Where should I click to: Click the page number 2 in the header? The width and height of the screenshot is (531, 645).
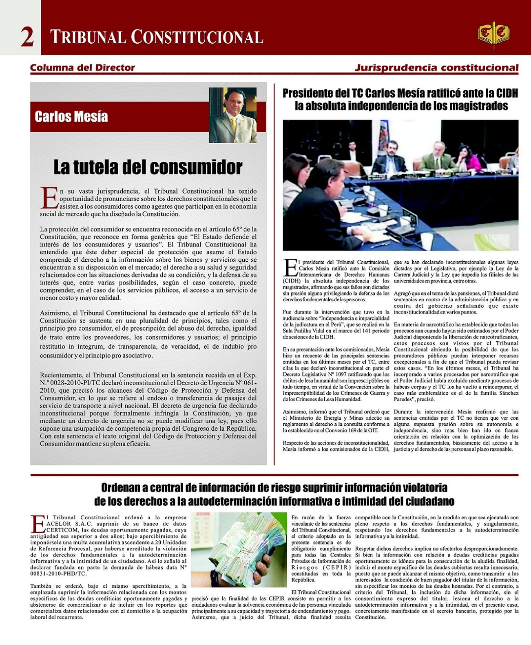tap(27, 37)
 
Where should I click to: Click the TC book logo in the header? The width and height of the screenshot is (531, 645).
tap(493, 35)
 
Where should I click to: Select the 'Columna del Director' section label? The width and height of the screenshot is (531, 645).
tap(82, 68)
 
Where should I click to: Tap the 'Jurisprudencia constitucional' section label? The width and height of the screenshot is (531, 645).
tap(436, 68)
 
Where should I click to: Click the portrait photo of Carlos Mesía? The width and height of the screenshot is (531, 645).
tap(233, 115)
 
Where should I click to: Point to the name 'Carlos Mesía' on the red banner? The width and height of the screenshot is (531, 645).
tap(71, 117)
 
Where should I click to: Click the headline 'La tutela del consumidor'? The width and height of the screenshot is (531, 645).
tap(148, 167)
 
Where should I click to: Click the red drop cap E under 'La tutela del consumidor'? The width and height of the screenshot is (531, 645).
tap(49, 198)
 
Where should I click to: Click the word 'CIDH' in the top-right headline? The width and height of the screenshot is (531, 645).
tap(505, 93)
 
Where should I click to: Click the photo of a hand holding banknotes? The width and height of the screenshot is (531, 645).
tap(239, 549)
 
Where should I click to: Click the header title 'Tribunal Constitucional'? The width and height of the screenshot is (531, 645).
tap(157, 37)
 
